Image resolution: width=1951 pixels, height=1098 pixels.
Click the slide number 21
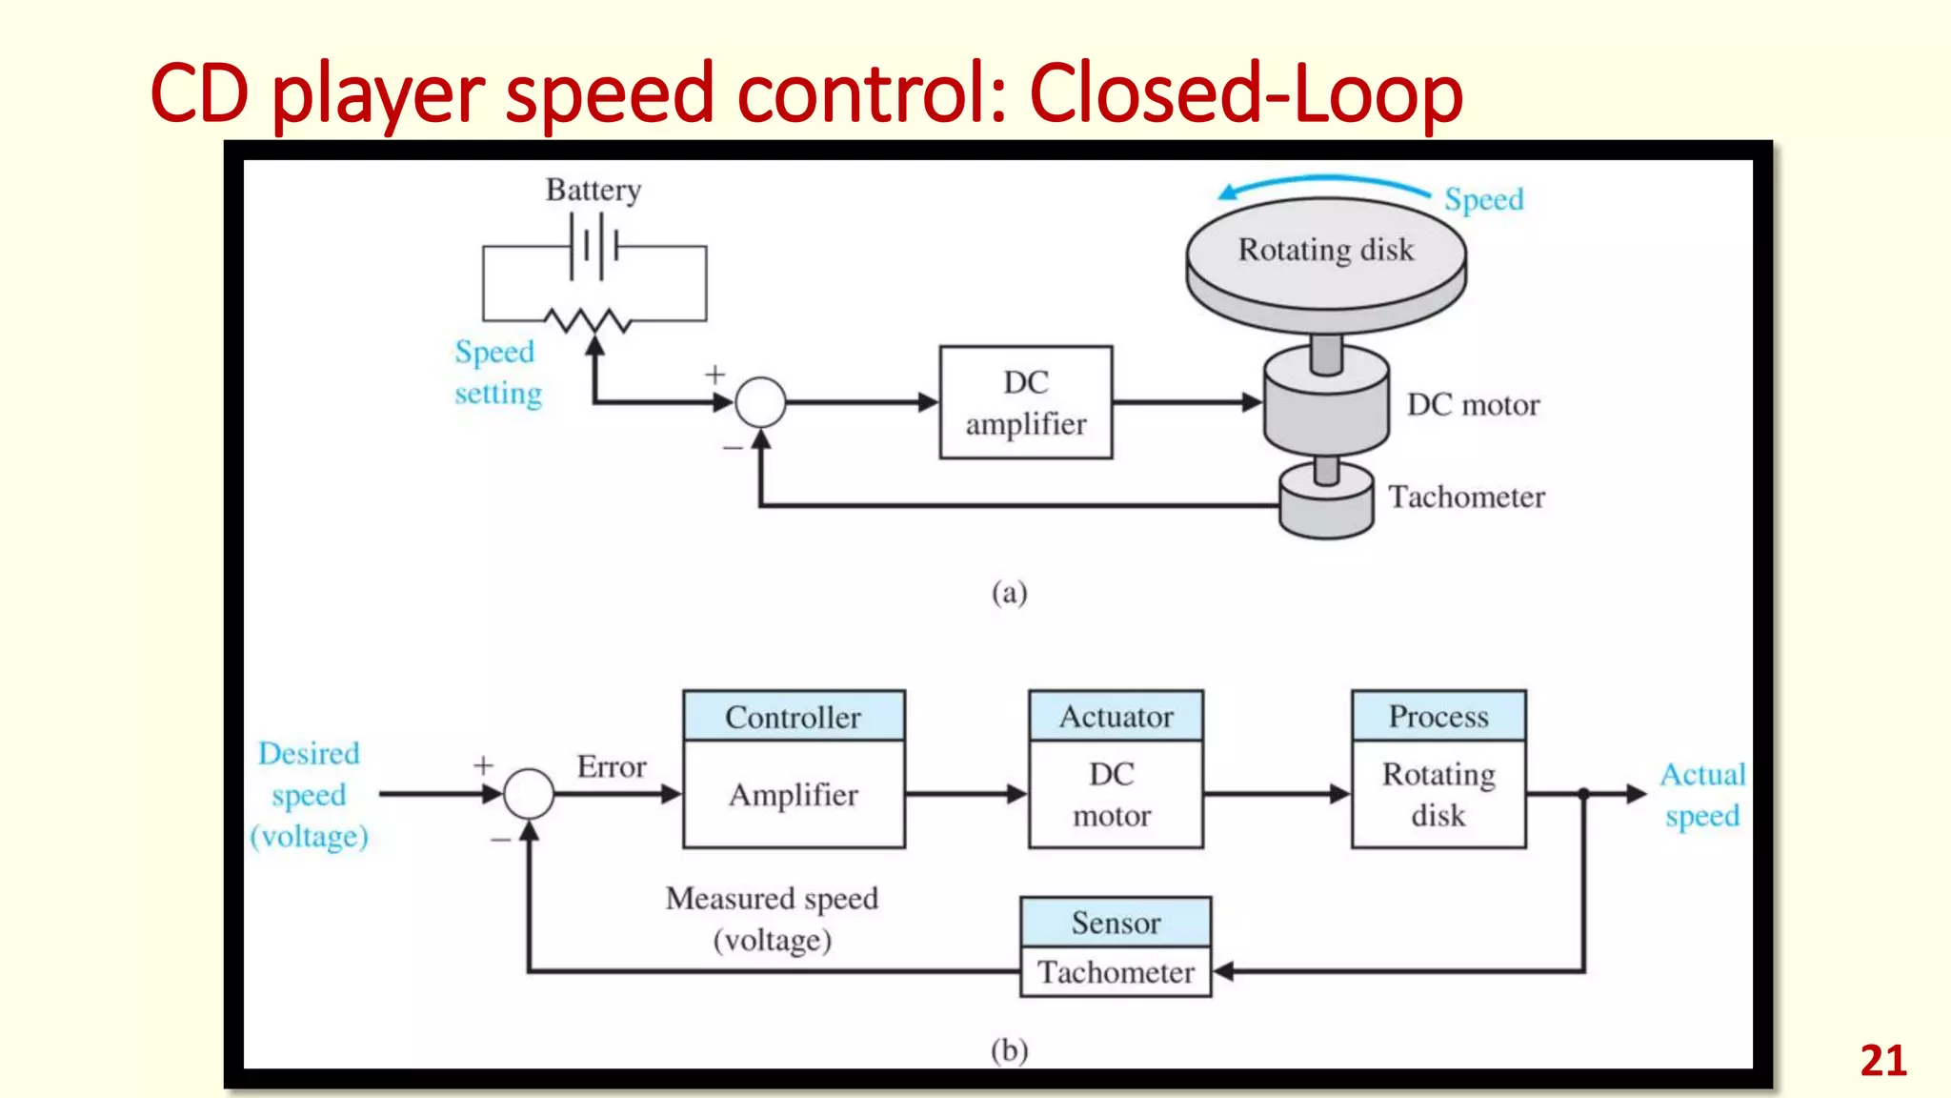pyautogui.click(x=1882, y=1061)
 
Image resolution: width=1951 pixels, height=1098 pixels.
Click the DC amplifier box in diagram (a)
pyautogui.click(x=1025, y=402)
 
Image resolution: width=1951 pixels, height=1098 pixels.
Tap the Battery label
pyautogui.click(x=593, y=190)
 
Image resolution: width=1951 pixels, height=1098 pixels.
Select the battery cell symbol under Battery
pyautogui.click(x=594, y=247)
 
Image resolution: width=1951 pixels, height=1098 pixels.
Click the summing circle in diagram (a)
pyautogui.click(x=760, y=402)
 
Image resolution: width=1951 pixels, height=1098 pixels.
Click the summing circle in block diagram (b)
pyautogui.click(x=529, y=793)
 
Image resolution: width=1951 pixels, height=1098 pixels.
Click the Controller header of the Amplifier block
pyautogui.click(x=794, y=717)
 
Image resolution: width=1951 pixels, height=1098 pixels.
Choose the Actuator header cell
pyautogui.click(x=1116, y=716)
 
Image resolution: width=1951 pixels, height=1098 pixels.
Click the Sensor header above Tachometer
pyautogui.click(x=1116, y=922)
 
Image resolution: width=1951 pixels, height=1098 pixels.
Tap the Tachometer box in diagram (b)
pyautogui.click(x=1116, y=972)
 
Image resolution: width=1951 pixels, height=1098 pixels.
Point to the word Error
pyautogui.click(x=611, y=766)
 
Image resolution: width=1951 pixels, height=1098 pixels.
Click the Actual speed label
pyautogui.click(x=1701, y=794)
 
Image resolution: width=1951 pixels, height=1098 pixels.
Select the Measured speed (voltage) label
pyautogui.click(x=772, y=918)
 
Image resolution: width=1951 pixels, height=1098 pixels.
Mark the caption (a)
pyautogui.click(x=1009, y=593)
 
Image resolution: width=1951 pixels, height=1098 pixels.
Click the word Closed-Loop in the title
pyautogui.click(x=1245, y=93)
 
